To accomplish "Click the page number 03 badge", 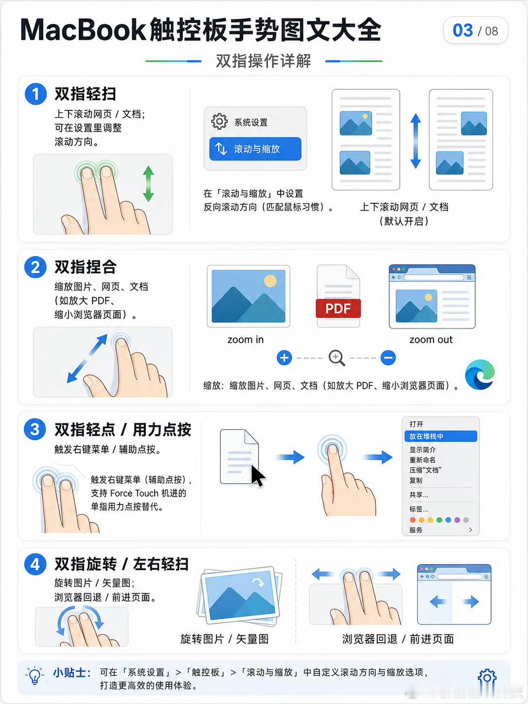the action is pos(475,31).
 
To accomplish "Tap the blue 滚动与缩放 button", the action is pos(255,149).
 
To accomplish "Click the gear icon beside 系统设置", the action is pos(219,122).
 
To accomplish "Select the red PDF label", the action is pos(338,308).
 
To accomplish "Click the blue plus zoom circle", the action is pos(284,358).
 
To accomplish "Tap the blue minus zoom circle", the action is pos(388,358).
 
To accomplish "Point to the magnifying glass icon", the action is pos(337,358).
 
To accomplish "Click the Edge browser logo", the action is pos(479,375).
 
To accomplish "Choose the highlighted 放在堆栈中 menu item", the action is pos(441,436).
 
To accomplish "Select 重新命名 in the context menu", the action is pos(422,460).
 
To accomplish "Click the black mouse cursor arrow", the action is pos(258,476).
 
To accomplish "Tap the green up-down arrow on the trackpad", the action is pos(148,184).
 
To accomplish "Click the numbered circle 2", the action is pos(35,267).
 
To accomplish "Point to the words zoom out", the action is pos(431,340).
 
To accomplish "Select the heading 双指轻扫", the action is pos(85,94).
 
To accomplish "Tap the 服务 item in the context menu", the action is pos(416,530).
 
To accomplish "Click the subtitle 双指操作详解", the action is pos(264,61).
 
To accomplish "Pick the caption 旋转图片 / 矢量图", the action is pos(225,639).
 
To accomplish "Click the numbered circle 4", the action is pos(35,564).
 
